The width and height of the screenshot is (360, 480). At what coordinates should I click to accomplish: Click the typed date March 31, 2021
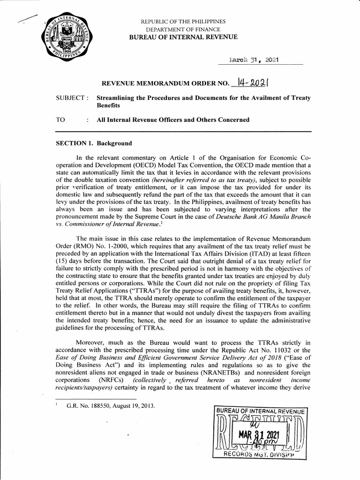coord(254,60)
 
